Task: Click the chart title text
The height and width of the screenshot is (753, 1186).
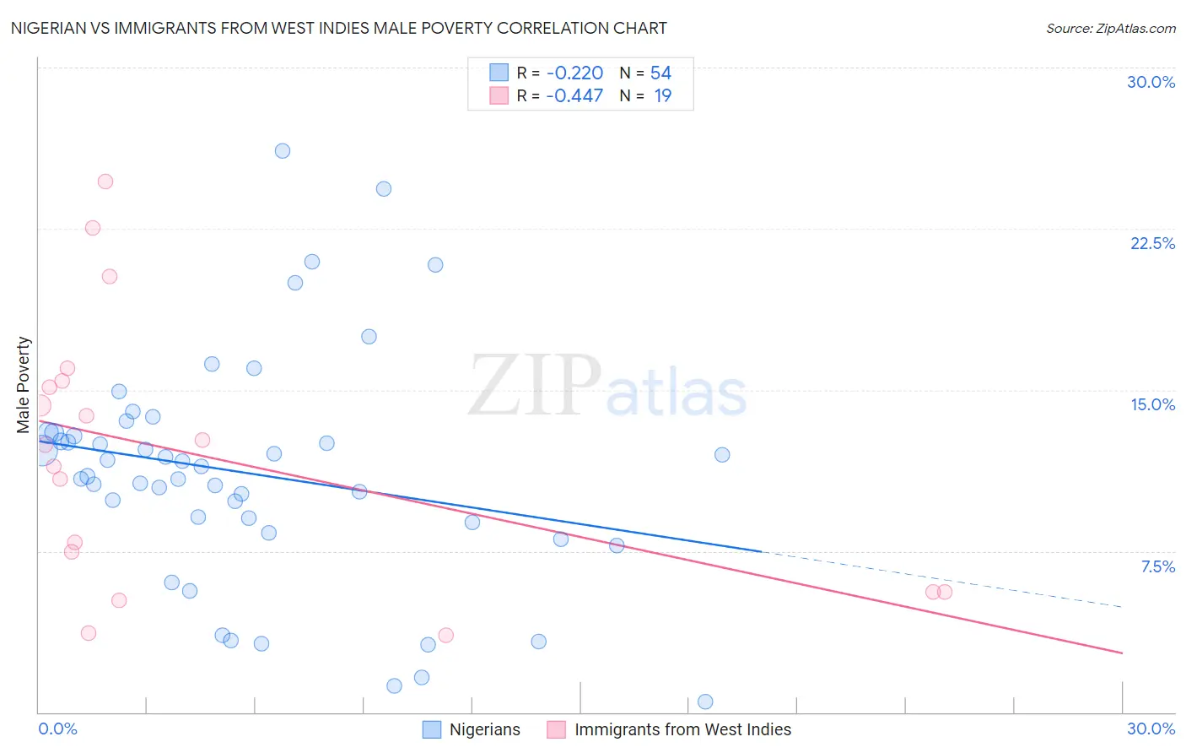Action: (x=338, y=28)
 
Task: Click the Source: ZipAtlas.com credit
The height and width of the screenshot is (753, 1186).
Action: (x=1110, y=28)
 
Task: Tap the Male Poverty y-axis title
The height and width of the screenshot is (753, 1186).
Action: (x=24, y=385)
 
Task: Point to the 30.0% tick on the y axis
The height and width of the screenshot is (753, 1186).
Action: (x=1151, y=82)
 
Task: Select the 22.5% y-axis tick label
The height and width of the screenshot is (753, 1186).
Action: (x=1152, y=243)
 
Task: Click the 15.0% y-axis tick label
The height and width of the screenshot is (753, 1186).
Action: (x=1152, y=404)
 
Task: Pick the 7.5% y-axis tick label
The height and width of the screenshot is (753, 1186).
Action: (x=1157, y=566)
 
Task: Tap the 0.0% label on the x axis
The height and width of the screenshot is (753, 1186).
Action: (x=57, y=729)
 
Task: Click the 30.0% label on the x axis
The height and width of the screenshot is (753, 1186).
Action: (x=1151, y=729)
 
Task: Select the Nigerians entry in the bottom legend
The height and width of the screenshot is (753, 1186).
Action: (x=484, y=729)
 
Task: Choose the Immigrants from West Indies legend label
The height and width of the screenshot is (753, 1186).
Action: (x=682, y=729)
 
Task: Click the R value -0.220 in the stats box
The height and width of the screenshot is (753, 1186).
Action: (x=574, y=73)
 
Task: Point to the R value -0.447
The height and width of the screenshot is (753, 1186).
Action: (x=574, y=96)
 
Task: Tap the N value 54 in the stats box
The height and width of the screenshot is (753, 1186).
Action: (x=660, y=73)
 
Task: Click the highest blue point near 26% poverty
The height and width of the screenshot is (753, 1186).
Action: (x=283, y=151)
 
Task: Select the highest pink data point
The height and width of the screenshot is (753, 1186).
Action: (x=105, y=181)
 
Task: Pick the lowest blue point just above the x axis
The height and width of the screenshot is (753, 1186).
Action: (x=705, y=702)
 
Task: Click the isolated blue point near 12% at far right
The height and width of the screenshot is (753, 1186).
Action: (x=722, y=455)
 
